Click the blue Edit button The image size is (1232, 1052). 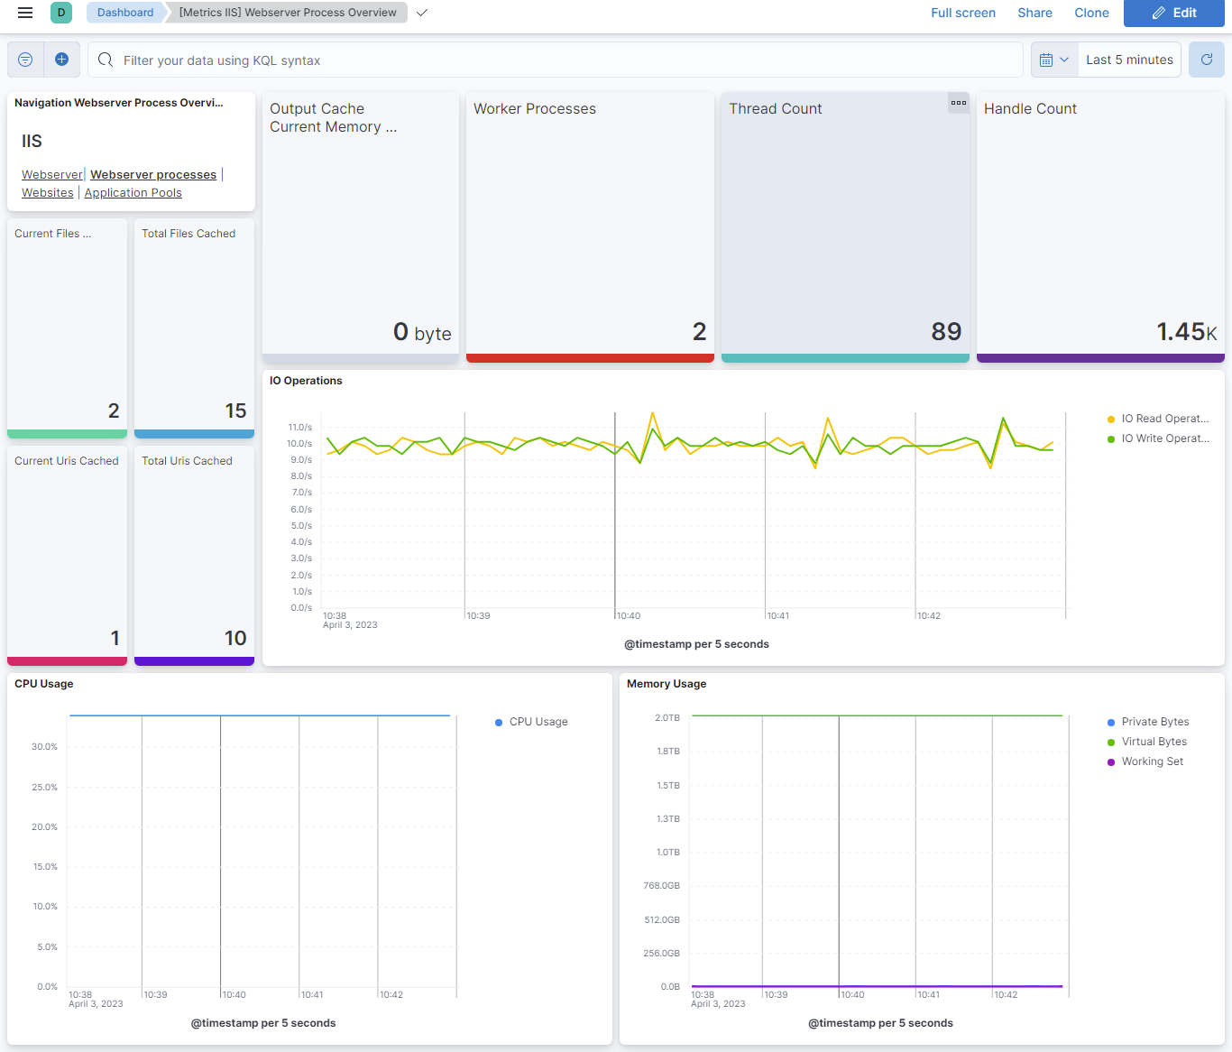pos(1173,13)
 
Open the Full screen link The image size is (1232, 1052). pos(962,13)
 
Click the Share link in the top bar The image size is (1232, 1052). pos(1034,13)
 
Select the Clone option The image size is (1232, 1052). pos(1091,13)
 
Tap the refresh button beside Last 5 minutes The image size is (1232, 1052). pos(1206,60)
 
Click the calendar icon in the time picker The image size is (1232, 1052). pos(1046,60)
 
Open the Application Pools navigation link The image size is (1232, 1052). pos(133,193)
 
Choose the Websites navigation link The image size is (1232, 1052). pos(48,193)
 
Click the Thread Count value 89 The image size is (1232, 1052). pos(945,332)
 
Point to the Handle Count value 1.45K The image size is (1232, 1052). pos(1186,332)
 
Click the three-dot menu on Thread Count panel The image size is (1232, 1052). pos(958,103)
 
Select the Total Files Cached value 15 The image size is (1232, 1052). pos(235,411)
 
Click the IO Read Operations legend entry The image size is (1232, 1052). pos(1163,419)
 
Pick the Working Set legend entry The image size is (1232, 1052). pos(1152,761)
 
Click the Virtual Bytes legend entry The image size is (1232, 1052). pos(1154,742)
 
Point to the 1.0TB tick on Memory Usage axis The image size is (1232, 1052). pos(668,853)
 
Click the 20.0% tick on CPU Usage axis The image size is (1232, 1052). pos(45,827)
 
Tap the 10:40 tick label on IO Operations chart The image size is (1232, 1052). pos(629,616)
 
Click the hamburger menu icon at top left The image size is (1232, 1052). pos(25,13)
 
